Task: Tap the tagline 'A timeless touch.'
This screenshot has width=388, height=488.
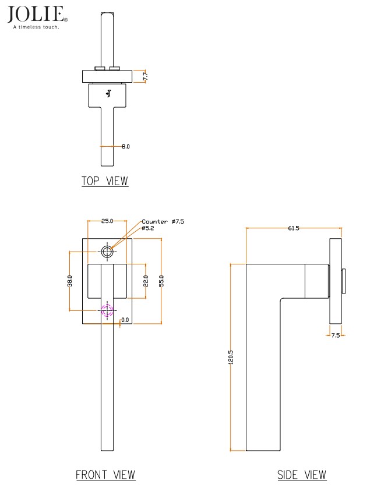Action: pos(36,27)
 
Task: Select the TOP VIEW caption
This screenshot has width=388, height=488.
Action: pos(105,181)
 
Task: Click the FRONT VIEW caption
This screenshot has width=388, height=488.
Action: pos(105,475)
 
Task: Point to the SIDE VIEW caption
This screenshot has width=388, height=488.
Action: pos(302,475)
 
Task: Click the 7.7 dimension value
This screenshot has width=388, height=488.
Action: pos(145,76)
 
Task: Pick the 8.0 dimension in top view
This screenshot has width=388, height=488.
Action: pos(125,146)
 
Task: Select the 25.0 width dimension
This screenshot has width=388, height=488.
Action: pos(107,221)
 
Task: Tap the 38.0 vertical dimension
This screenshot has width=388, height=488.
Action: pos(70,281)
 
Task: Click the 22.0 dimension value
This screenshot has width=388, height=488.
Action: pos(146,281)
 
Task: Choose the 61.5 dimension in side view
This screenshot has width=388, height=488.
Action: pos(293,228)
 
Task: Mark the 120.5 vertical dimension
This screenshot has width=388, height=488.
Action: pos(231,356)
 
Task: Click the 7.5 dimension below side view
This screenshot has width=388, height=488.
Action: pos(335,335)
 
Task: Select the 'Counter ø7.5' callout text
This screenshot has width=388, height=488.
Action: pos(163,221)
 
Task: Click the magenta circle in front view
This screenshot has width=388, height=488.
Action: pos(107,310)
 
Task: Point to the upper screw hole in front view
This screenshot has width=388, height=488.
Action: pos(107,252)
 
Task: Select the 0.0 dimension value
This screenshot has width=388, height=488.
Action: pos(125,320)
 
